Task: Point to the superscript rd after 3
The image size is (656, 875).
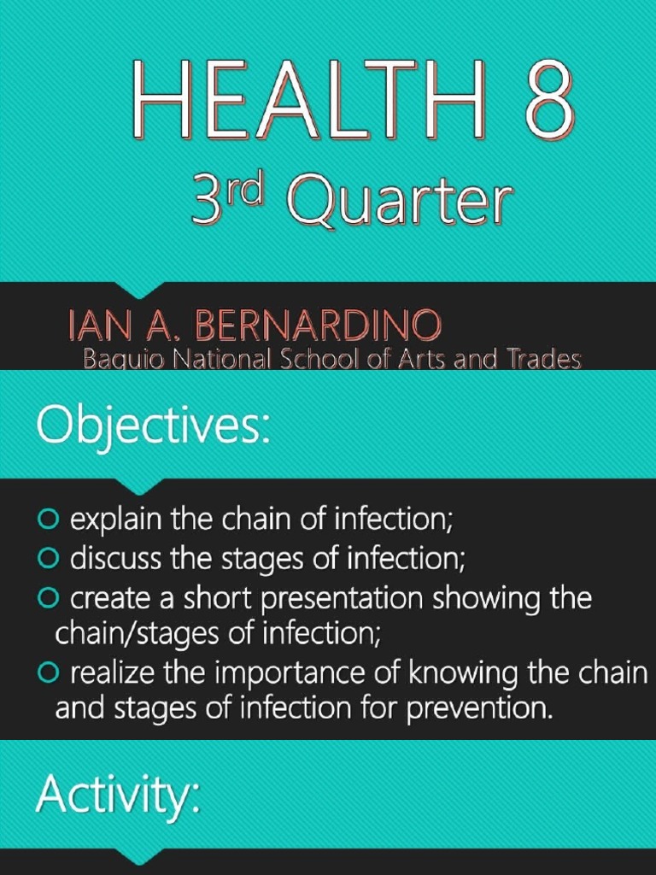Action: click(242, 193)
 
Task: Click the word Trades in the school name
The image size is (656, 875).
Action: click(542, 360)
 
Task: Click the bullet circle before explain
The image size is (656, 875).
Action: click(48, 519)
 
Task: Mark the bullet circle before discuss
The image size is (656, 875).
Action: click(48, 559)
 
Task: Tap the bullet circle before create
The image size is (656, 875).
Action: click(48, 599)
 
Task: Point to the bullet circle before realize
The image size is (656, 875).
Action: click(48, 674)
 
